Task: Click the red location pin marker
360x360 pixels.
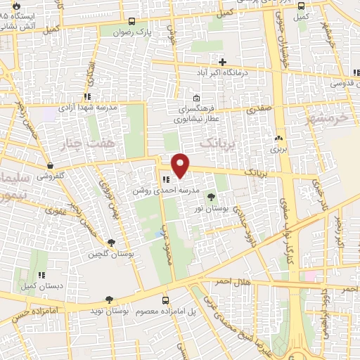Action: pos(181,166)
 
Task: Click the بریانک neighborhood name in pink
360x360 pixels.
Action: pos(215,143)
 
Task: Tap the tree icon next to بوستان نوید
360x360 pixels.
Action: pos(108,299)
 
